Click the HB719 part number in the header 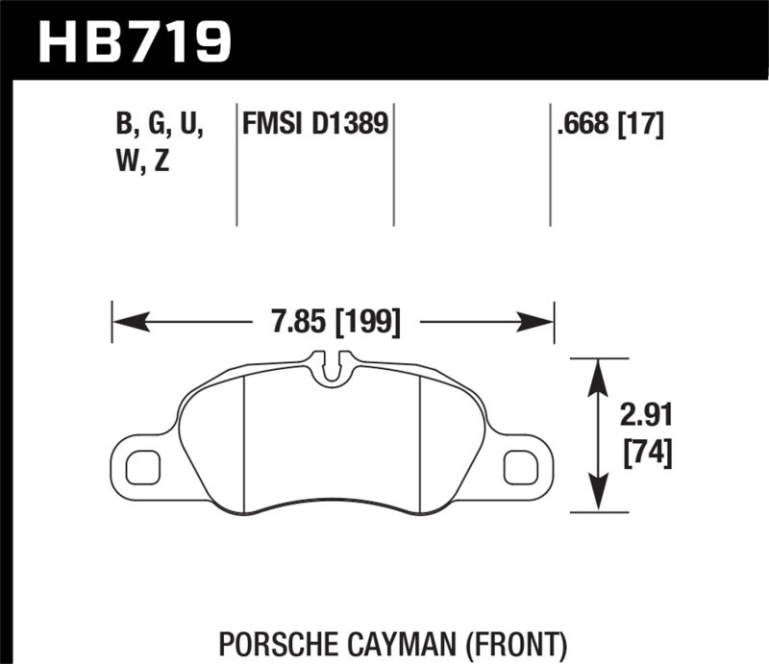135,40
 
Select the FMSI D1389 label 316,124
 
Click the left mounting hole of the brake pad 143,465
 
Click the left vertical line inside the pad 245,442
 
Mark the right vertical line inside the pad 423,442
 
